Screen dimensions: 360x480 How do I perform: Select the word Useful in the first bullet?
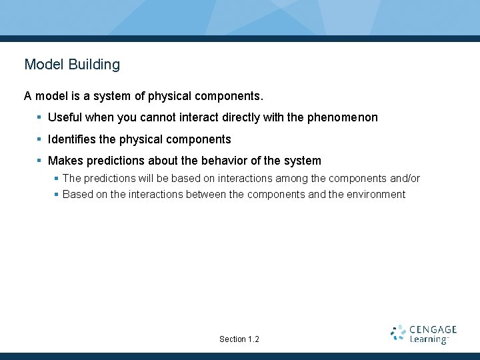(65, 117)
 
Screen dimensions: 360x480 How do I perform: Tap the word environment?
(376, 195)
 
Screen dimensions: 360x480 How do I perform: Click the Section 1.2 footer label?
(239, 339)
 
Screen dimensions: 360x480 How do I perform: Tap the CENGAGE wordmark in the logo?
(433, 329)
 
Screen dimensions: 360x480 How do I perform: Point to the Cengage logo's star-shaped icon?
(398, 333)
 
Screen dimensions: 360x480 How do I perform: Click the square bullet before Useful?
(39, 117)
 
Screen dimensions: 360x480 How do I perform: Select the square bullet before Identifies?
(39, 139)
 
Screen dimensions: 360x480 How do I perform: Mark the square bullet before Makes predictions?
(39, 161)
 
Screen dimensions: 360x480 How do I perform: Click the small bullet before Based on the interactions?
(57, 195)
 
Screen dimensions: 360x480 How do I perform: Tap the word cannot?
(157, 117)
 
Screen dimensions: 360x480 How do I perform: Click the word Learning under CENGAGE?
(429, 340)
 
